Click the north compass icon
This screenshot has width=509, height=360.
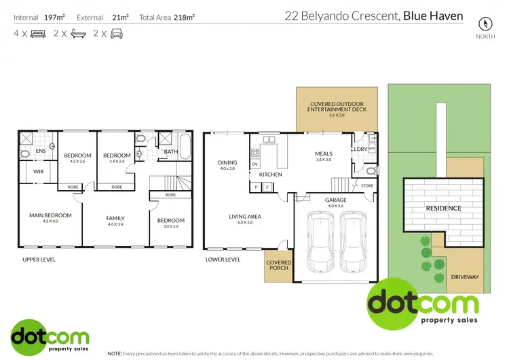(483, 22)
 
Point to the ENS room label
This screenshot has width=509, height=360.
(40, 151)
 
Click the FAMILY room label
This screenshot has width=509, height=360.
(115, 218)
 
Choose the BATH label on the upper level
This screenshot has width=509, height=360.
(171, 151)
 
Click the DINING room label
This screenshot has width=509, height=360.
(227, 162)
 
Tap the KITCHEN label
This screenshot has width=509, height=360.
(270, 175)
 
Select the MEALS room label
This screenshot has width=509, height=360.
(323, 154)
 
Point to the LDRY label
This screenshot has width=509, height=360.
(360, 149)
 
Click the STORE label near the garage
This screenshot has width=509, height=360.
(366, 185)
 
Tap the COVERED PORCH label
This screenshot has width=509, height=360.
(278, 265)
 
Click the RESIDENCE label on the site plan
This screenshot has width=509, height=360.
(443, 208)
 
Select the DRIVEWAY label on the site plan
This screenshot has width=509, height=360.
(464, 276)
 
